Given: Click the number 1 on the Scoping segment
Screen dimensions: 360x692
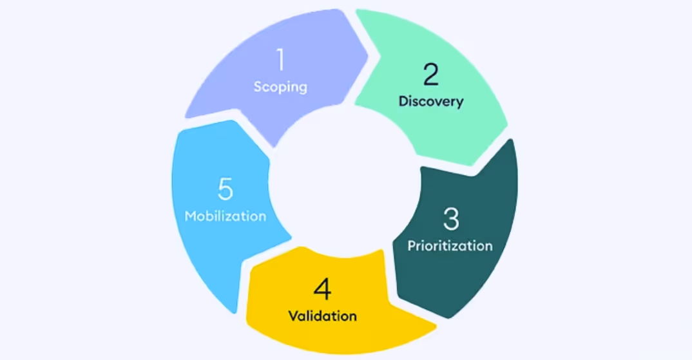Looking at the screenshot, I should coord(280,60).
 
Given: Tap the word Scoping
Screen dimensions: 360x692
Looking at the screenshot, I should coord(280,86).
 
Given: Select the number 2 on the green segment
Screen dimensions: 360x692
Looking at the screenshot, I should coord(430,75).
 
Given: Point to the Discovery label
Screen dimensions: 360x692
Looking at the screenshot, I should coord(430,101).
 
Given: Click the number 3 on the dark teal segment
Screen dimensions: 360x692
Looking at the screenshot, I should coord(451,220).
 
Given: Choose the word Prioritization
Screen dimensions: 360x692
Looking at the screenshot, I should coord(450,245).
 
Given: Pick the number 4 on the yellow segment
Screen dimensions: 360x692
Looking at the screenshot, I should coord(322,290).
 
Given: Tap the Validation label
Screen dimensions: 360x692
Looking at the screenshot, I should coord(322,316).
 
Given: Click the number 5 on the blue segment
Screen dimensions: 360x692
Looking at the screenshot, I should coord(225,189).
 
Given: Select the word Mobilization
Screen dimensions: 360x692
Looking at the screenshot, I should coord(226,216).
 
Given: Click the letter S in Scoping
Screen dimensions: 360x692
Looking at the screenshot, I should coord(258,86).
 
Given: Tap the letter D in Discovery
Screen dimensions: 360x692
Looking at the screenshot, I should coord(403,101).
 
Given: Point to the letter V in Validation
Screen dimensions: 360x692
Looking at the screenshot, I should coord(292,316).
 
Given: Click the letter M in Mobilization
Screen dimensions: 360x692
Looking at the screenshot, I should coord(191,216).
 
